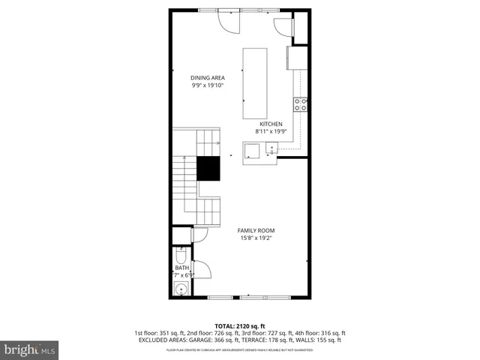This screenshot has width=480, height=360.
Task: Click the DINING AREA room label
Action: [208, 77]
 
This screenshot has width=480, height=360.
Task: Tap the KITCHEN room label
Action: [271, 124]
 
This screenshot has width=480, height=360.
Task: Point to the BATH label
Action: [181, 268]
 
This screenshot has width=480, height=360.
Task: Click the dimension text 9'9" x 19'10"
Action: [208, 85]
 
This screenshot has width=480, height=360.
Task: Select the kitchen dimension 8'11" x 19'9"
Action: [271, 132]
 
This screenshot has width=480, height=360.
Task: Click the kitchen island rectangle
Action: [254, 82]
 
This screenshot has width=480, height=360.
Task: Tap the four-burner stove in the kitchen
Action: [301, 104]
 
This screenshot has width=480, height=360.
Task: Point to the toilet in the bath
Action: [180, 253]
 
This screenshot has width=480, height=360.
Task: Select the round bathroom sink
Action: [180, 288]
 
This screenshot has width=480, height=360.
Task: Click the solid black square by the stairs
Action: [209, 169]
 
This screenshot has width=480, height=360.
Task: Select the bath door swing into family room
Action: [201, 269]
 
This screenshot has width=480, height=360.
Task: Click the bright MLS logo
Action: [30, 349]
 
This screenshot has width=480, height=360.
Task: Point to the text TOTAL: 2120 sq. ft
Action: [239, 325]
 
